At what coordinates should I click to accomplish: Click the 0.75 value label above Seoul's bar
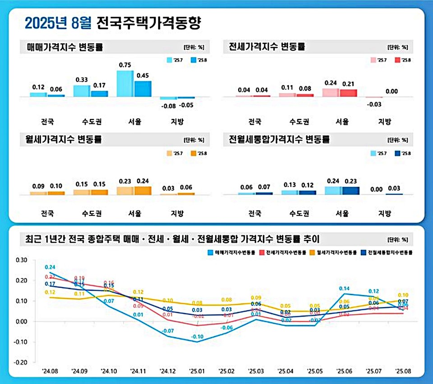[x=125, y=65]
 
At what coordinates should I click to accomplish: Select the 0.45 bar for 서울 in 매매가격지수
[x=143, y=89]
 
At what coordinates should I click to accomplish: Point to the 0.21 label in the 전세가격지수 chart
[x=348, y=84]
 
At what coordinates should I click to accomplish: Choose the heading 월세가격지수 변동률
[x=63, y=139]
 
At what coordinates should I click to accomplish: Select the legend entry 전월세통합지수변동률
[x=390, y=252]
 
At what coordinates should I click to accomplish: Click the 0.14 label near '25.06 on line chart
[x=344, y=288]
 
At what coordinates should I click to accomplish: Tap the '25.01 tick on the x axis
[x=197, y=371]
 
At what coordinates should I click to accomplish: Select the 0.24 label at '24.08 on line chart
[x=50, y=267]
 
